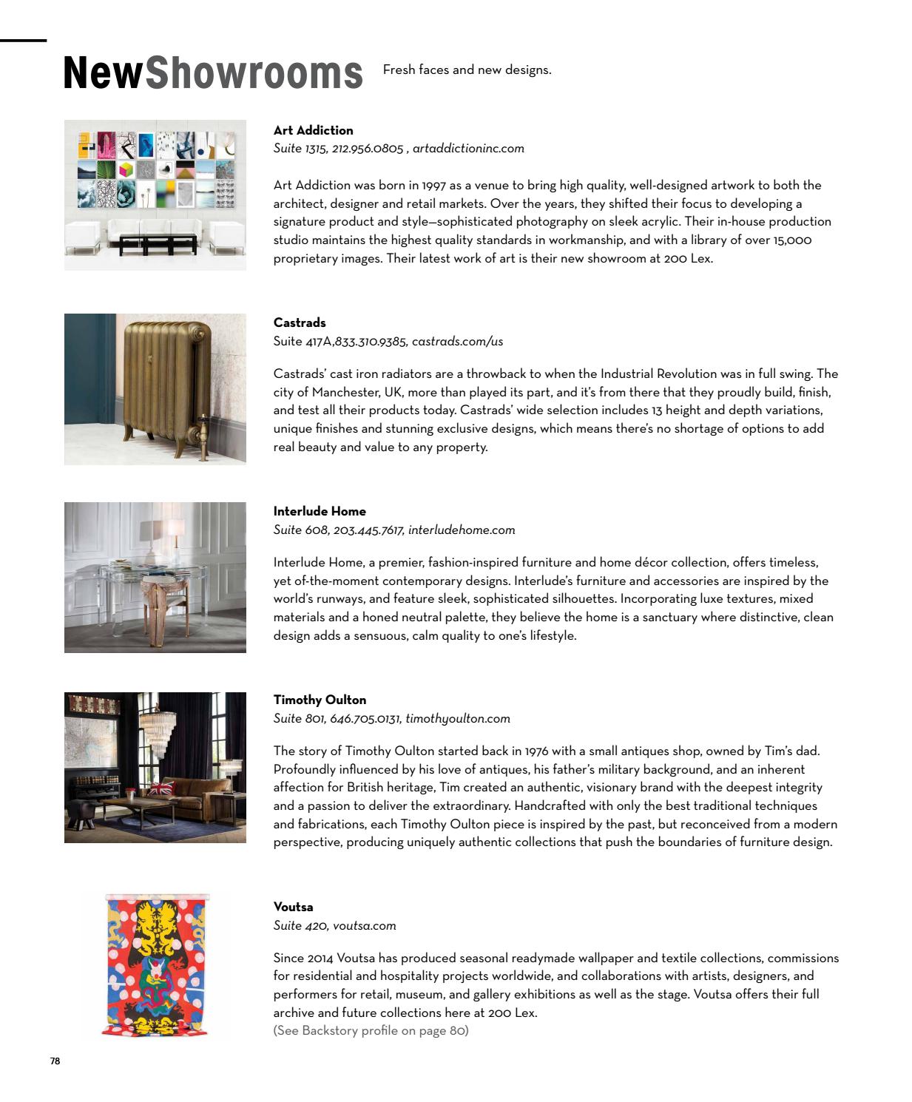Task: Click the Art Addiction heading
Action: tap(313, 131)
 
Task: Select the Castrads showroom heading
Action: tap(300, 323)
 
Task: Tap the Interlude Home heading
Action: tap(320, 512)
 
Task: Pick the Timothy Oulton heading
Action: tap(320, 700)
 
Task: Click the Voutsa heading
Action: tap(294, 907)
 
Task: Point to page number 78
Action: tap(55, 1061)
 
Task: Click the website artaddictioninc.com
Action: tap(468, 149)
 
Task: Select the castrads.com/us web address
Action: tap(457, 342)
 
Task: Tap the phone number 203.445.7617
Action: tap(368, 530)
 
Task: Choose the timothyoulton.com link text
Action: tap(458, 719)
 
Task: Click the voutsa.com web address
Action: tap(364, 926)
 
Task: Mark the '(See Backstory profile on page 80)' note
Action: tap(371, 1031)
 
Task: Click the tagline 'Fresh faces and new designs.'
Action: tap(467, 70)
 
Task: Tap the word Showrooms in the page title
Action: tap(254, 73)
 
